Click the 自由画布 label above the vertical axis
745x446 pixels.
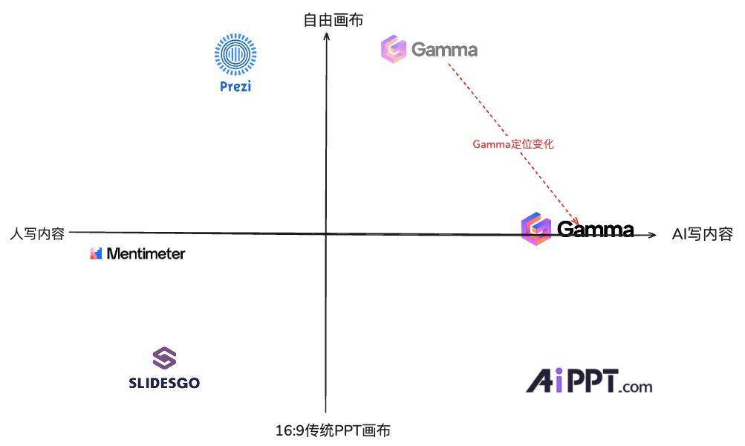(334, 21)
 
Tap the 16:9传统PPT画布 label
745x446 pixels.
(333, 430)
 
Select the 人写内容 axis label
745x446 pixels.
(37, 234)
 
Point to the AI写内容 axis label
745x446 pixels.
(702, 234)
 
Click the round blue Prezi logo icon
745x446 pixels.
(235, 54)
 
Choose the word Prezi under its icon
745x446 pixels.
(235, 86)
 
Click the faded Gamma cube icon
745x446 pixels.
(394, 48)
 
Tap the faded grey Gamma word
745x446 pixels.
(444, 50)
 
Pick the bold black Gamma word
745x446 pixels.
(596, 229)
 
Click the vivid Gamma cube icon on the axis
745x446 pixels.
(536, 229)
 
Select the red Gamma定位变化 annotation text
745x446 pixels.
(513, 144)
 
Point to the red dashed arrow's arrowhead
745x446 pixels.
(576, 221)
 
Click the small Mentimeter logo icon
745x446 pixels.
(96, 253)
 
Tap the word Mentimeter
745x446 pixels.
(146, 253)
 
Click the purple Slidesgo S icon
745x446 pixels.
(164, 358)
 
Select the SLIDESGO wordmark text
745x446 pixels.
(164, 383)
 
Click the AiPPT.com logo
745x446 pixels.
(589, 381)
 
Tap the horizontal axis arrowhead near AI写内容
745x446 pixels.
(654, 235)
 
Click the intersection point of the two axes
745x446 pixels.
(326, 234)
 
